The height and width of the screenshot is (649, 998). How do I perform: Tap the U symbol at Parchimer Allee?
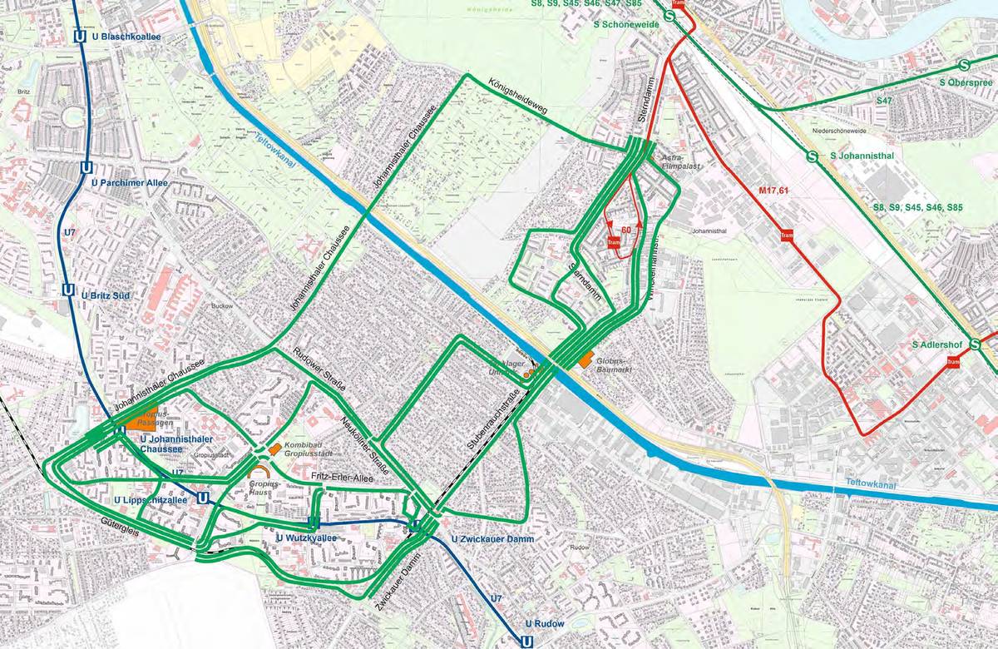[86, 166]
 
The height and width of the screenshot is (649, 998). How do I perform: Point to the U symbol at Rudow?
[526, 641]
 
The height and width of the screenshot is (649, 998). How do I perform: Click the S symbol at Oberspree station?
[965, 65]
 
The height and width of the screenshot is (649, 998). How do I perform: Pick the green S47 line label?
[884, 100]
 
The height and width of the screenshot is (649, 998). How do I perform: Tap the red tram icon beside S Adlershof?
[953, 362]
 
